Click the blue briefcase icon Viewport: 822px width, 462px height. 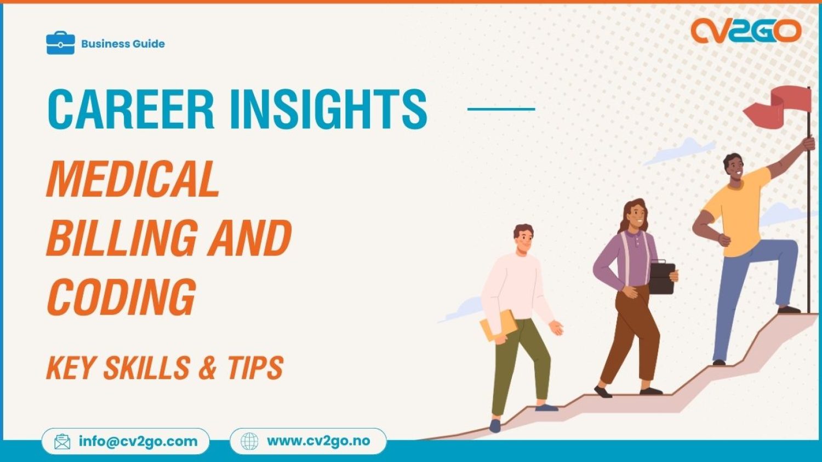point(60,43)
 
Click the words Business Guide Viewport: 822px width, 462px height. point(123,44)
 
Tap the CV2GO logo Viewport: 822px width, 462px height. point(745,31)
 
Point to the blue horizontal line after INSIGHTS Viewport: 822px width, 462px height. point(501,109)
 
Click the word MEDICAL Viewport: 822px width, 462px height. point(133,179)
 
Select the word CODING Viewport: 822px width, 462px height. point(121,296)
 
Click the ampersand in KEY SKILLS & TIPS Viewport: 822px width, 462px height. point(208,368)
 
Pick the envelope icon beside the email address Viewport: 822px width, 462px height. point(62,441)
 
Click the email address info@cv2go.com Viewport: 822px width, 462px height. point(138,441)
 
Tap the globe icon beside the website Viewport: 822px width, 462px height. point(249,441)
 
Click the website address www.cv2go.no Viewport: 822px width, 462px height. point(318,441)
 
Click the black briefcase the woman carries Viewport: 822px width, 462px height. point(662,278)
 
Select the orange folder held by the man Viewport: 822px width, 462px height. point(498,326)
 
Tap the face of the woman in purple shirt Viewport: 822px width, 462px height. point(636,216)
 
